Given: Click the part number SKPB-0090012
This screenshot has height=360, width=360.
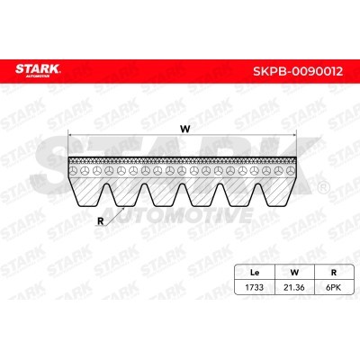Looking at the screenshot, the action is [298, 71].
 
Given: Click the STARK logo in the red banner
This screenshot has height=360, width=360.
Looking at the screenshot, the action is [38, 70].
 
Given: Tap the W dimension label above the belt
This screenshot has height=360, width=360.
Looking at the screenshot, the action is [185, 129].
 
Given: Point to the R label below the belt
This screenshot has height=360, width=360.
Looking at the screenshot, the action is [101, 221].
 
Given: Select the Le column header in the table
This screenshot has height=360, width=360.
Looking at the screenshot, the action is [255, 273].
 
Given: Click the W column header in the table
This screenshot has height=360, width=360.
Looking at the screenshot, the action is [294, 273].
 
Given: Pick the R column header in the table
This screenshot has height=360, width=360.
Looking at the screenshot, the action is [333, 273].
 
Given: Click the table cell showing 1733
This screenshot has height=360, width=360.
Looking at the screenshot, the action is [255, 287].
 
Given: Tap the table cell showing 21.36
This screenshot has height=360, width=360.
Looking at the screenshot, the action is [294, 287].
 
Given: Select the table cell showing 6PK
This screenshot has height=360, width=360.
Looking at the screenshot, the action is [333, 287].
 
